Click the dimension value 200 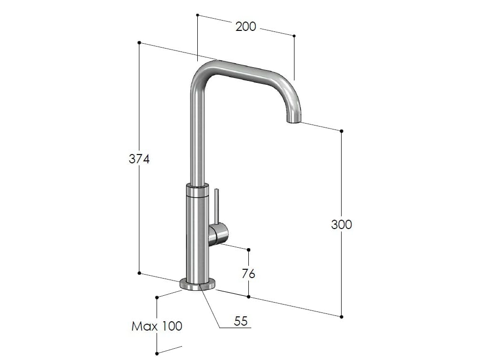point(245,26)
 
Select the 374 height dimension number point(139,159)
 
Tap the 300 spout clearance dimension point(342,224)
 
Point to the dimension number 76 point(249,273)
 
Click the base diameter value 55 point(240,321)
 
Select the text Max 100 point(157,326)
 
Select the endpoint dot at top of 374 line point(139,43)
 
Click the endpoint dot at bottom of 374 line point(139,273)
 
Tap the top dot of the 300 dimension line point(342,131)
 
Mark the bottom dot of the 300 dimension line point(342,316)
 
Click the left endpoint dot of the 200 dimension point(197,15)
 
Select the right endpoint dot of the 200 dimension point(294,36)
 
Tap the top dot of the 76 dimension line point(249,250)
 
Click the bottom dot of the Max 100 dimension point(157,353)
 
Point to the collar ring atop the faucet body point(198,191)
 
